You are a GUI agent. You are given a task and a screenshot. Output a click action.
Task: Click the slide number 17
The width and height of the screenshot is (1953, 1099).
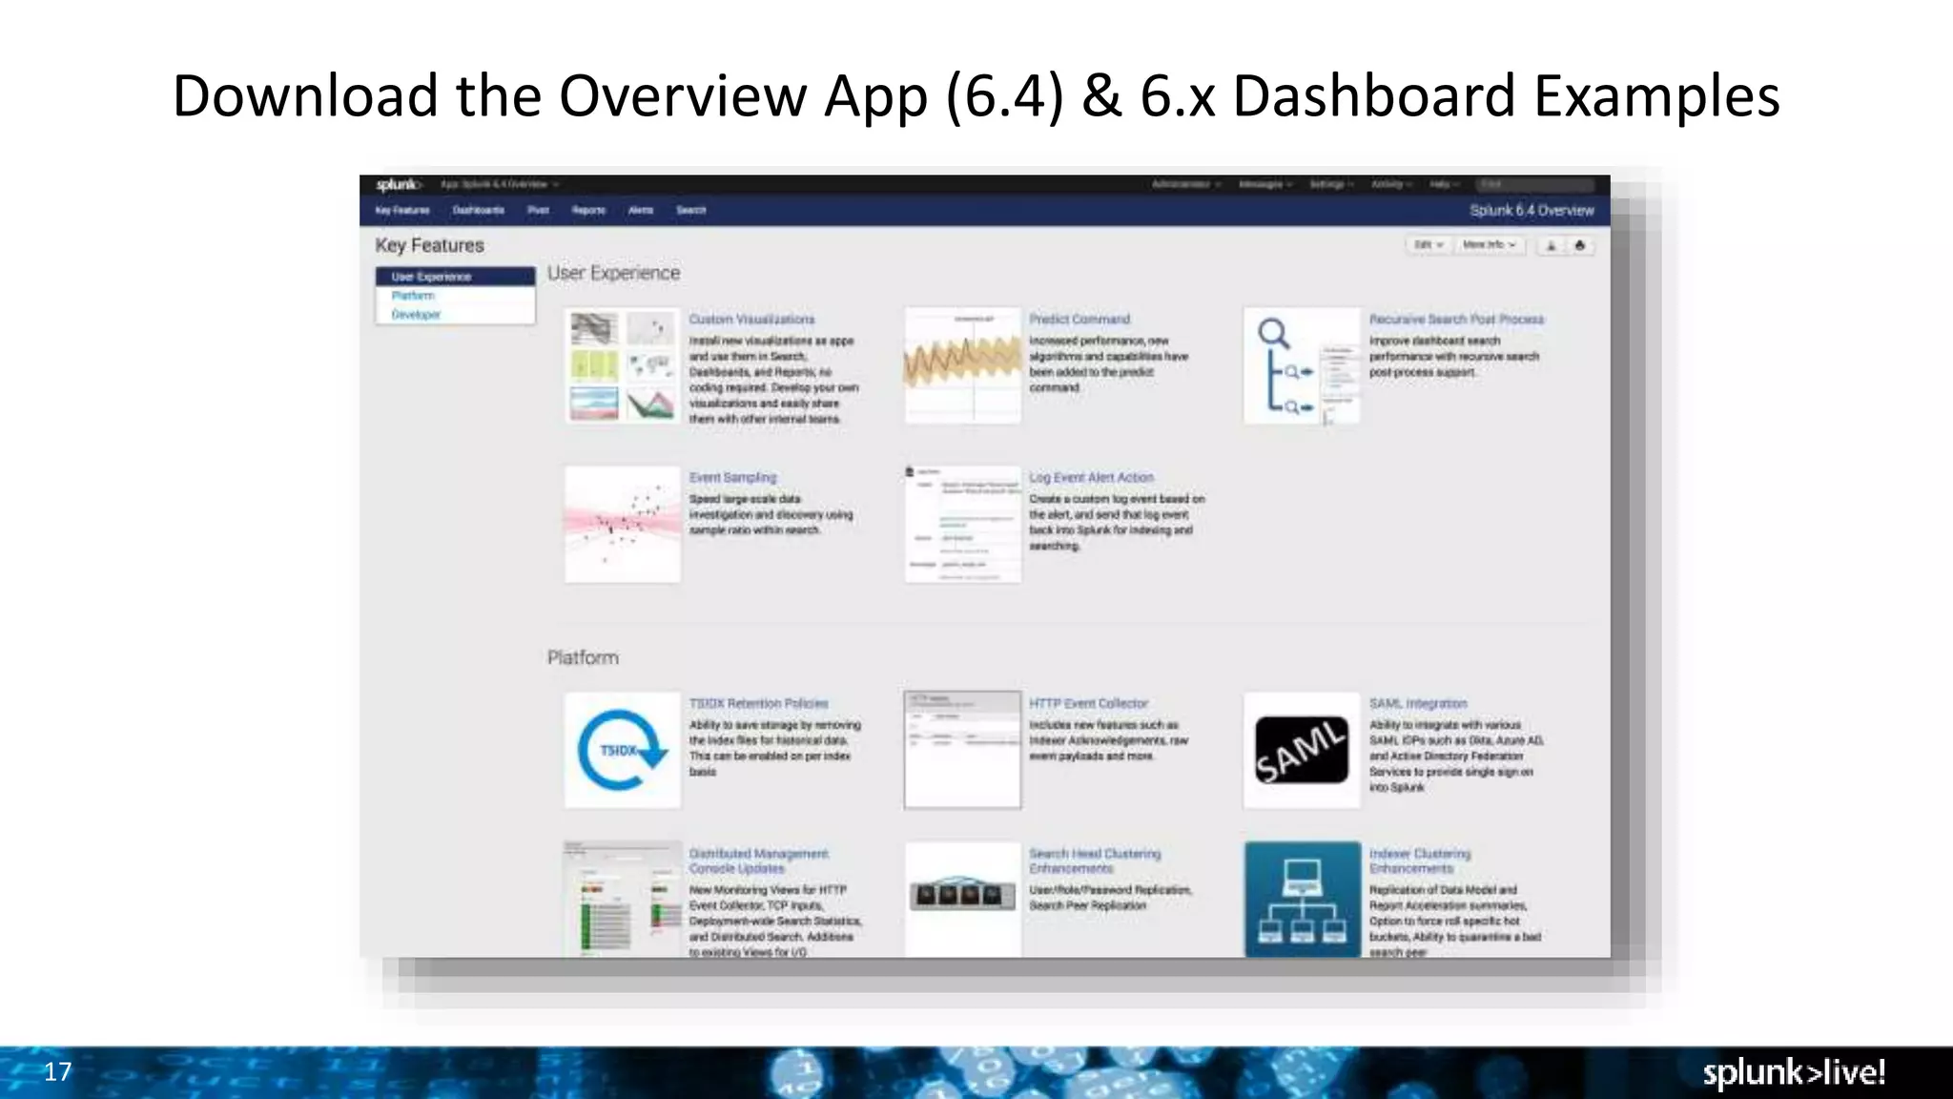[57, 1071]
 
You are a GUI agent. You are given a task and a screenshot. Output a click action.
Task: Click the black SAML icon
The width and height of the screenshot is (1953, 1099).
[1302, 751]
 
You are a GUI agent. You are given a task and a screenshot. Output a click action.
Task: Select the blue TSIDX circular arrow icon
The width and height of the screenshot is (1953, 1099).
[622, 751]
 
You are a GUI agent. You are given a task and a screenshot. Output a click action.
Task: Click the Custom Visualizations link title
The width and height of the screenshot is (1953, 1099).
[751, 320]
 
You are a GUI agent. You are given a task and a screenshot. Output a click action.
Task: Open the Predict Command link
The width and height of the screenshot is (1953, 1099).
[1079, 320]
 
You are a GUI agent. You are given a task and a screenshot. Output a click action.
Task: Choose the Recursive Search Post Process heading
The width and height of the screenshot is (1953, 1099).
[1456, 320]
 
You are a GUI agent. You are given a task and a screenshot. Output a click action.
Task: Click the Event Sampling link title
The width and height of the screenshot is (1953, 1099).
[732, 477]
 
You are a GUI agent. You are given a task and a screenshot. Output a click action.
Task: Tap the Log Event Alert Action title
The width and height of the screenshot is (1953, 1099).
[1091, 477]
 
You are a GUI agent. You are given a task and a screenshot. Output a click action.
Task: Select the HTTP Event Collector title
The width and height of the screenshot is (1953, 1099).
[1088, 703]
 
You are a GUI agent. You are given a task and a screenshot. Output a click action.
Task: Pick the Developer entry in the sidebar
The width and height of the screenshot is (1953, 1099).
[416, 315]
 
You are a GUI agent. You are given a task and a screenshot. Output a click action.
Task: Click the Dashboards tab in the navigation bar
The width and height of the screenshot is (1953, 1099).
[478, 210]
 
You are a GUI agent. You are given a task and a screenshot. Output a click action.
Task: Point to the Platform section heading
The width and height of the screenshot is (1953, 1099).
[583, 657]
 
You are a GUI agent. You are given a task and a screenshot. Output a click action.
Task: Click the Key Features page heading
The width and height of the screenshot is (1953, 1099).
[429, 245]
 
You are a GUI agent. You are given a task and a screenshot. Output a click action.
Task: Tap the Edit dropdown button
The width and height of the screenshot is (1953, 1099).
[1428, 245]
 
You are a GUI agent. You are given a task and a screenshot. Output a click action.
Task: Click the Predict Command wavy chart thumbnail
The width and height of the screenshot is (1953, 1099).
[962, 365]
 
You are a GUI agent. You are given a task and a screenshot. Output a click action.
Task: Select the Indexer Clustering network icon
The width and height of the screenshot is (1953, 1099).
[1302, 899]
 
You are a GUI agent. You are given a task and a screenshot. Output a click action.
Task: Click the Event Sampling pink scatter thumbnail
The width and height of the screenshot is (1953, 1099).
[622, 524]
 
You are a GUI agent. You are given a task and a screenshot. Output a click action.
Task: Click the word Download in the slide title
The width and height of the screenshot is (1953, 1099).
[306, 96]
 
